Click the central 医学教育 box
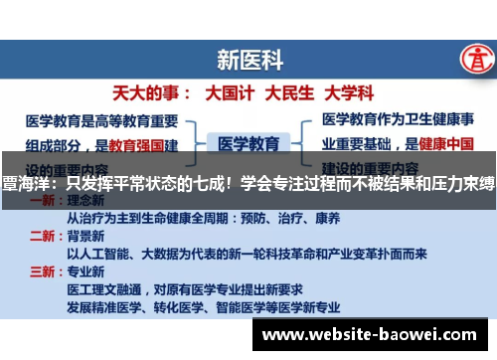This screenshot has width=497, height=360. pyautogui.click(x=248, y=143)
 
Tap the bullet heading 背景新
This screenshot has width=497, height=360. pyautogui.click(x=86, y=236)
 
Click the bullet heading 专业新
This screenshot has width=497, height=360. pyautogui.click(x=86, y=271)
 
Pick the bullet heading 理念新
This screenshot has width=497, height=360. pyautogui.click(x=86, y=200)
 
